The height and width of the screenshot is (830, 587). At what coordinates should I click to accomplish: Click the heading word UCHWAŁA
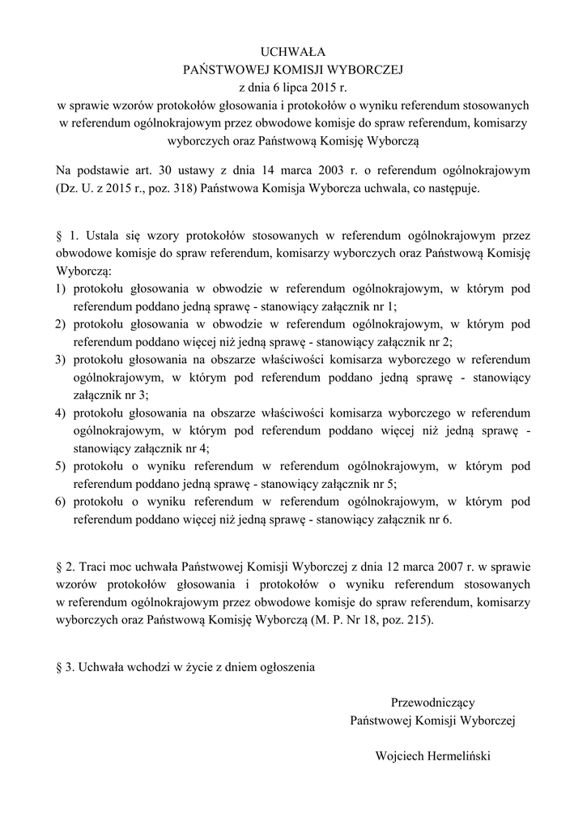pos(293,53)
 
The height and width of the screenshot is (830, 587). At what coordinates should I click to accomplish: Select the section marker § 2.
pos(67,565)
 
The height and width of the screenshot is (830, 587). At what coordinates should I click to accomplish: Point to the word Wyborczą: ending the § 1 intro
pos(83,270)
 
